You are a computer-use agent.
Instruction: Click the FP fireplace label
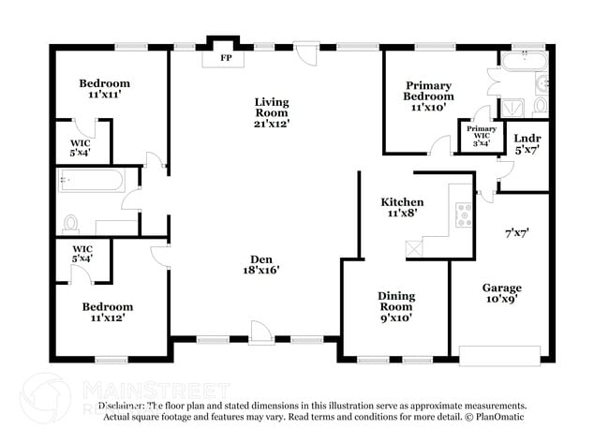point(226,58)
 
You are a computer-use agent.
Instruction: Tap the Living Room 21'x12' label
point(272,112)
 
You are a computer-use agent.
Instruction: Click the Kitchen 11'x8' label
point(401,207)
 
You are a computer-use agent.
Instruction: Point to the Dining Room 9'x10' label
point(395,306)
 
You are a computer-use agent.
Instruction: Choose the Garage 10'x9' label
point(501,293)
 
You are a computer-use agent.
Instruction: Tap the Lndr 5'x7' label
point(527,144)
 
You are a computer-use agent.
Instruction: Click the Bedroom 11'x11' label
point(104,89)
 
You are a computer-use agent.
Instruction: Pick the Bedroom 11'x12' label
point(107,312)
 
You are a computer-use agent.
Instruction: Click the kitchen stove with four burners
point(463,214)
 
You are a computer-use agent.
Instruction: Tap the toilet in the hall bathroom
point(72,224)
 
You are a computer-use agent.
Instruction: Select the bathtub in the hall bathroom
point(90,180)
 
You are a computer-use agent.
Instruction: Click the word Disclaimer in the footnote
point(127,406)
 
